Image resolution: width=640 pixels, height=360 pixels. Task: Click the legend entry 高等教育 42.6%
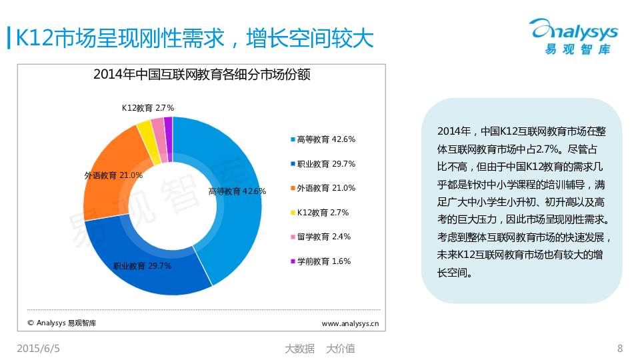[x=323, y=139]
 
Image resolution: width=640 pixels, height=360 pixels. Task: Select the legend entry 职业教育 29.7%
[x=323, y=164]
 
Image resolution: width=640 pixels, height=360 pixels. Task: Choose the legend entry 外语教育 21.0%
[x=323, y=188]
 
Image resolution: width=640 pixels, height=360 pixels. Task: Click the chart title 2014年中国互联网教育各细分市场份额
[x=202, y=75]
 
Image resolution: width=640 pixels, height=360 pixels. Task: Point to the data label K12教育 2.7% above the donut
[x=147, y=107]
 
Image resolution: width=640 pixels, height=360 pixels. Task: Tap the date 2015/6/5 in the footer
[x=38, y=348]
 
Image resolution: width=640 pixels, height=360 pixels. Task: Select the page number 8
[x=620, y=348]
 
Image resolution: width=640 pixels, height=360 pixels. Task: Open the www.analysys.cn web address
[x=351, y=323]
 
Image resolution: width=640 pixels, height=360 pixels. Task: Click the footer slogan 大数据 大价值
[x=319, y=348]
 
